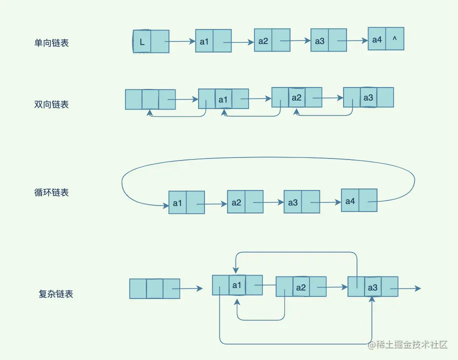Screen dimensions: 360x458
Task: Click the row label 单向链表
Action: click(51, 43)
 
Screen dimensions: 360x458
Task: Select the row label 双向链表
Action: click(51, 104)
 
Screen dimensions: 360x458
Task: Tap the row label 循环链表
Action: click(51, 192)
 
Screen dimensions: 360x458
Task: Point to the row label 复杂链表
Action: click(56, 294)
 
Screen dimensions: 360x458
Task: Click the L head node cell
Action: click(142, 42)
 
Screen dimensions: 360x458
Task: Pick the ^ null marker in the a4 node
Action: click(394, 39)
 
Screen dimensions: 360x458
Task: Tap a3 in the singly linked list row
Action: click(319, 41)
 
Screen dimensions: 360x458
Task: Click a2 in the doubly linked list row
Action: click(296, 97)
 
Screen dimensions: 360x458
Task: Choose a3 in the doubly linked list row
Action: click(368, 98)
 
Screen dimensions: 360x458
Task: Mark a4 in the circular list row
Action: click(350, 201)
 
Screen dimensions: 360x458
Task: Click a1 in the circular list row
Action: click(177, 203)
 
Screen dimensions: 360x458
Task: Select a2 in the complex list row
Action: click(300, 288)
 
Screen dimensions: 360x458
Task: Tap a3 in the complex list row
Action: click(372, 288)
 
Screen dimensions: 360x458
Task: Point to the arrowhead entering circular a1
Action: click(165, 205)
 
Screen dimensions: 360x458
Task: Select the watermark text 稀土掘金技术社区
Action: click(408, 345)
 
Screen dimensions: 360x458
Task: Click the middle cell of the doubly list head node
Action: click(150, 99)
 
